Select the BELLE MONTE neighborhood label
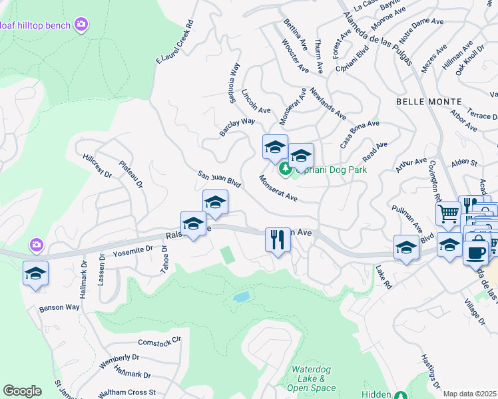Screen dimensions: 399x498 point(428,101)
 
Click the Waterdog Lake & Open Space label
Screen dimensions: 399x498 point(314,378)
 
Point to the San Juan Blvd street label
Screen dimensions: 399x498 point(218,179)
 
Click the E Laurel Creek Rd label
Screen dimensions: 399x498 point(174,42)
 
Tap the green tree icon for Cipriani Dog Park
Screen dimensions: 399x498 point(285,170)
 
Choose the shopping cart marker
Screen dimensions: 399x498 point(448,213)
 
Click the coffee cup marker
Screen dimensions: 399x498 point(476,253)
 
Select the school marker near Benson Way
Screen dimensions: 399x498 point(35,273)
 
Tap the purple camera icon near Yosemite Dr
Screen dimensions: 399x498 point(37,246)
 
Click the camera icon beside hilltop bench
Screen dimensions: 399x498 point(82,25)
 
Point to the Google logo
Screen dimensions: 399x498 point(22,390)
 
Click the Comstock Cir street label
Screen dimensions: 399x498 point(159,341)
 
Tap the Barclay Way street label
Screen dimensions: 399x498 point(238,128)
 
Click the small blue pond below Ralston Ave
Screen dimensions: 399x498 point(242,297)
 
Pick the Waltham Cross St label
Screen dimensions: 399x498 point(126,392)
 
